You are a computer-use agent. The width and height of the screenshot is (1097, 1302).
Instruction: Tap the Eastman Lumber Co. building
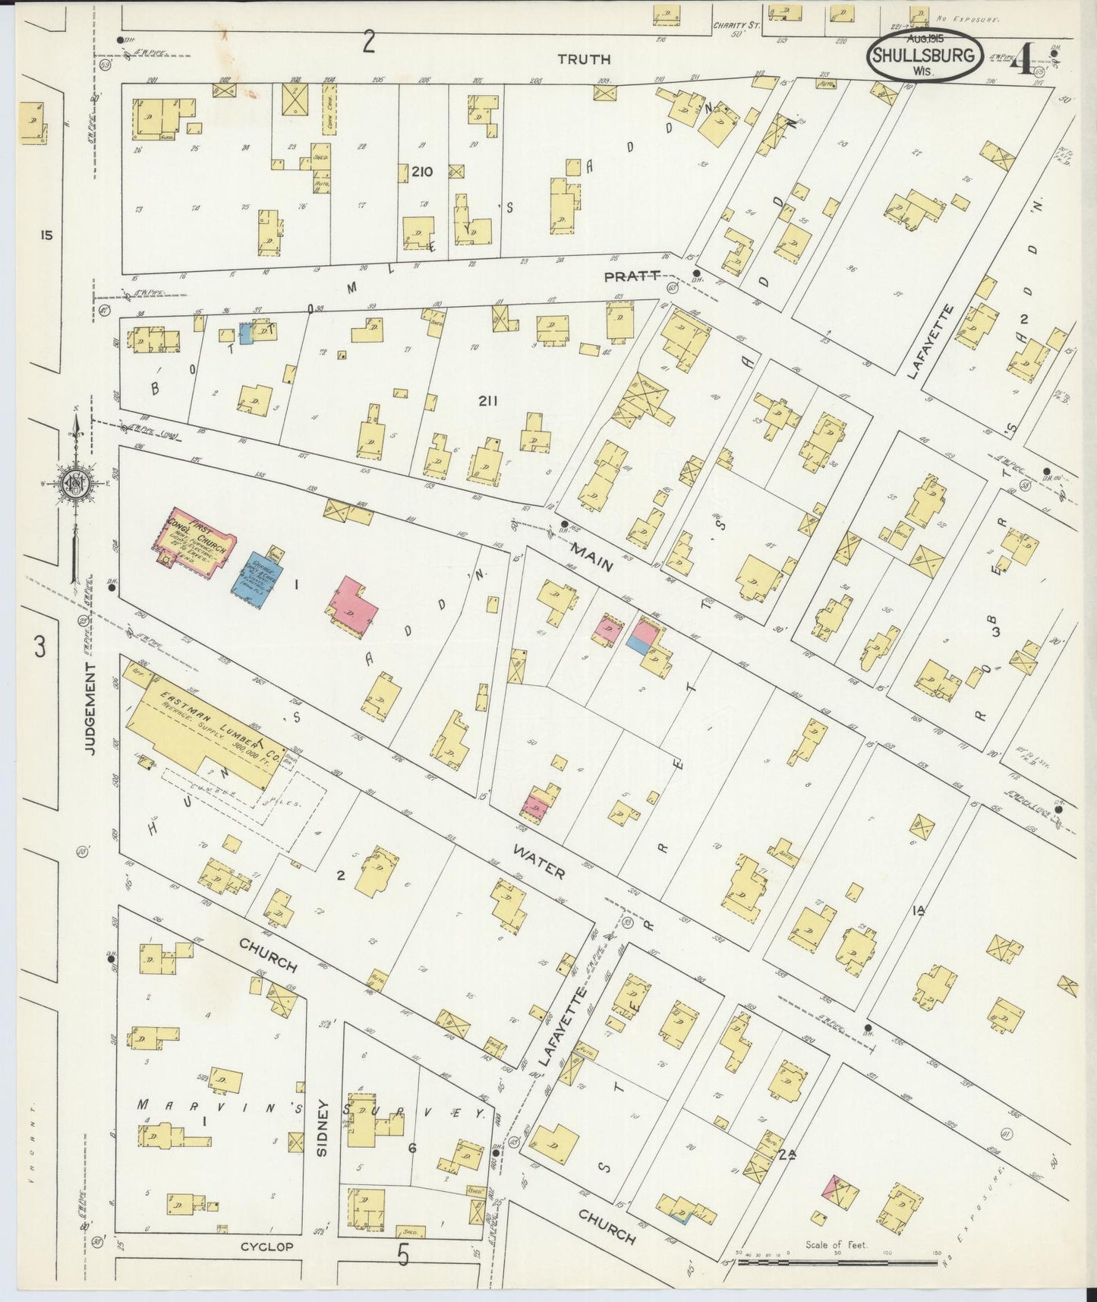click(x=205, y=726)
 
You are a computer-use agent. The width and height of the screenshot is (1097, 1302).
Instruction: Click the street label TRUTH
click(x=583, y=59)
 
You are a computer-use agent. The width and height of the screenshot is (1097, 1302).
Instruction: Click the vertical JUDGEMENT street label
click(x=90, y=708)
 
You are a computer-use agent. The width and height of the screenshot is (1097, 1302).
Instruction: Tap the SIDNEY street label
click(x=322, y=1128)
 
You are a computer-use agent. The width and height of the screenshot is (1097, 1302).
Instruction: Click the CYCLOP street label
click(x=266, y=1247)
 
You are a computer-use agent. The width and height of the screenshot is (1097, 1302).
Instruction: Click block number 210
click(x=421, y=172)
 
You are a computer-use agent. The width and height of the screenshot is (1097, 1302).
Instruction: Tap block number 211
click(x=487, y=400)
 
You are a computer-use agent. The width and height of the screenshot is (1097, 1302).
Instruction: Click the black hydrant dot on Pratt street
click(x=696, y=273)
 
